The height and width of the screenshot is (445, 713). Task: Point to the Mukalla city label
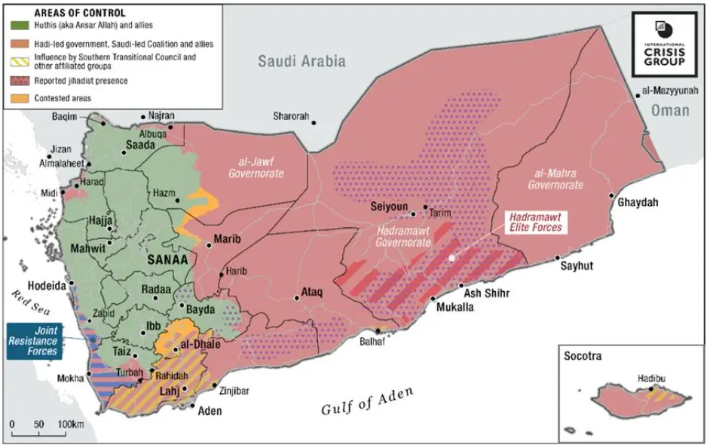coord(455,307)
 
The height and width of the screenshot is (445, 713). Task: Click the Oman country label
coord(670,110)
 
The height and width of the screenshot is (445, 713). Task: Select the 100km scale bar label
coord(72,426)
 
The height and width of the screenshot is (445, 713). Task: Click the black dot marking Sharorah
coord(314,122)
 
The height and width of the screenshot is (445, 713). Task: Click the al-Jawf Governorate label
coord(256,168)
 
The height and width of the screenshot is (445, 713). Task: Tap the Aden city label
coord(210,412)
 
